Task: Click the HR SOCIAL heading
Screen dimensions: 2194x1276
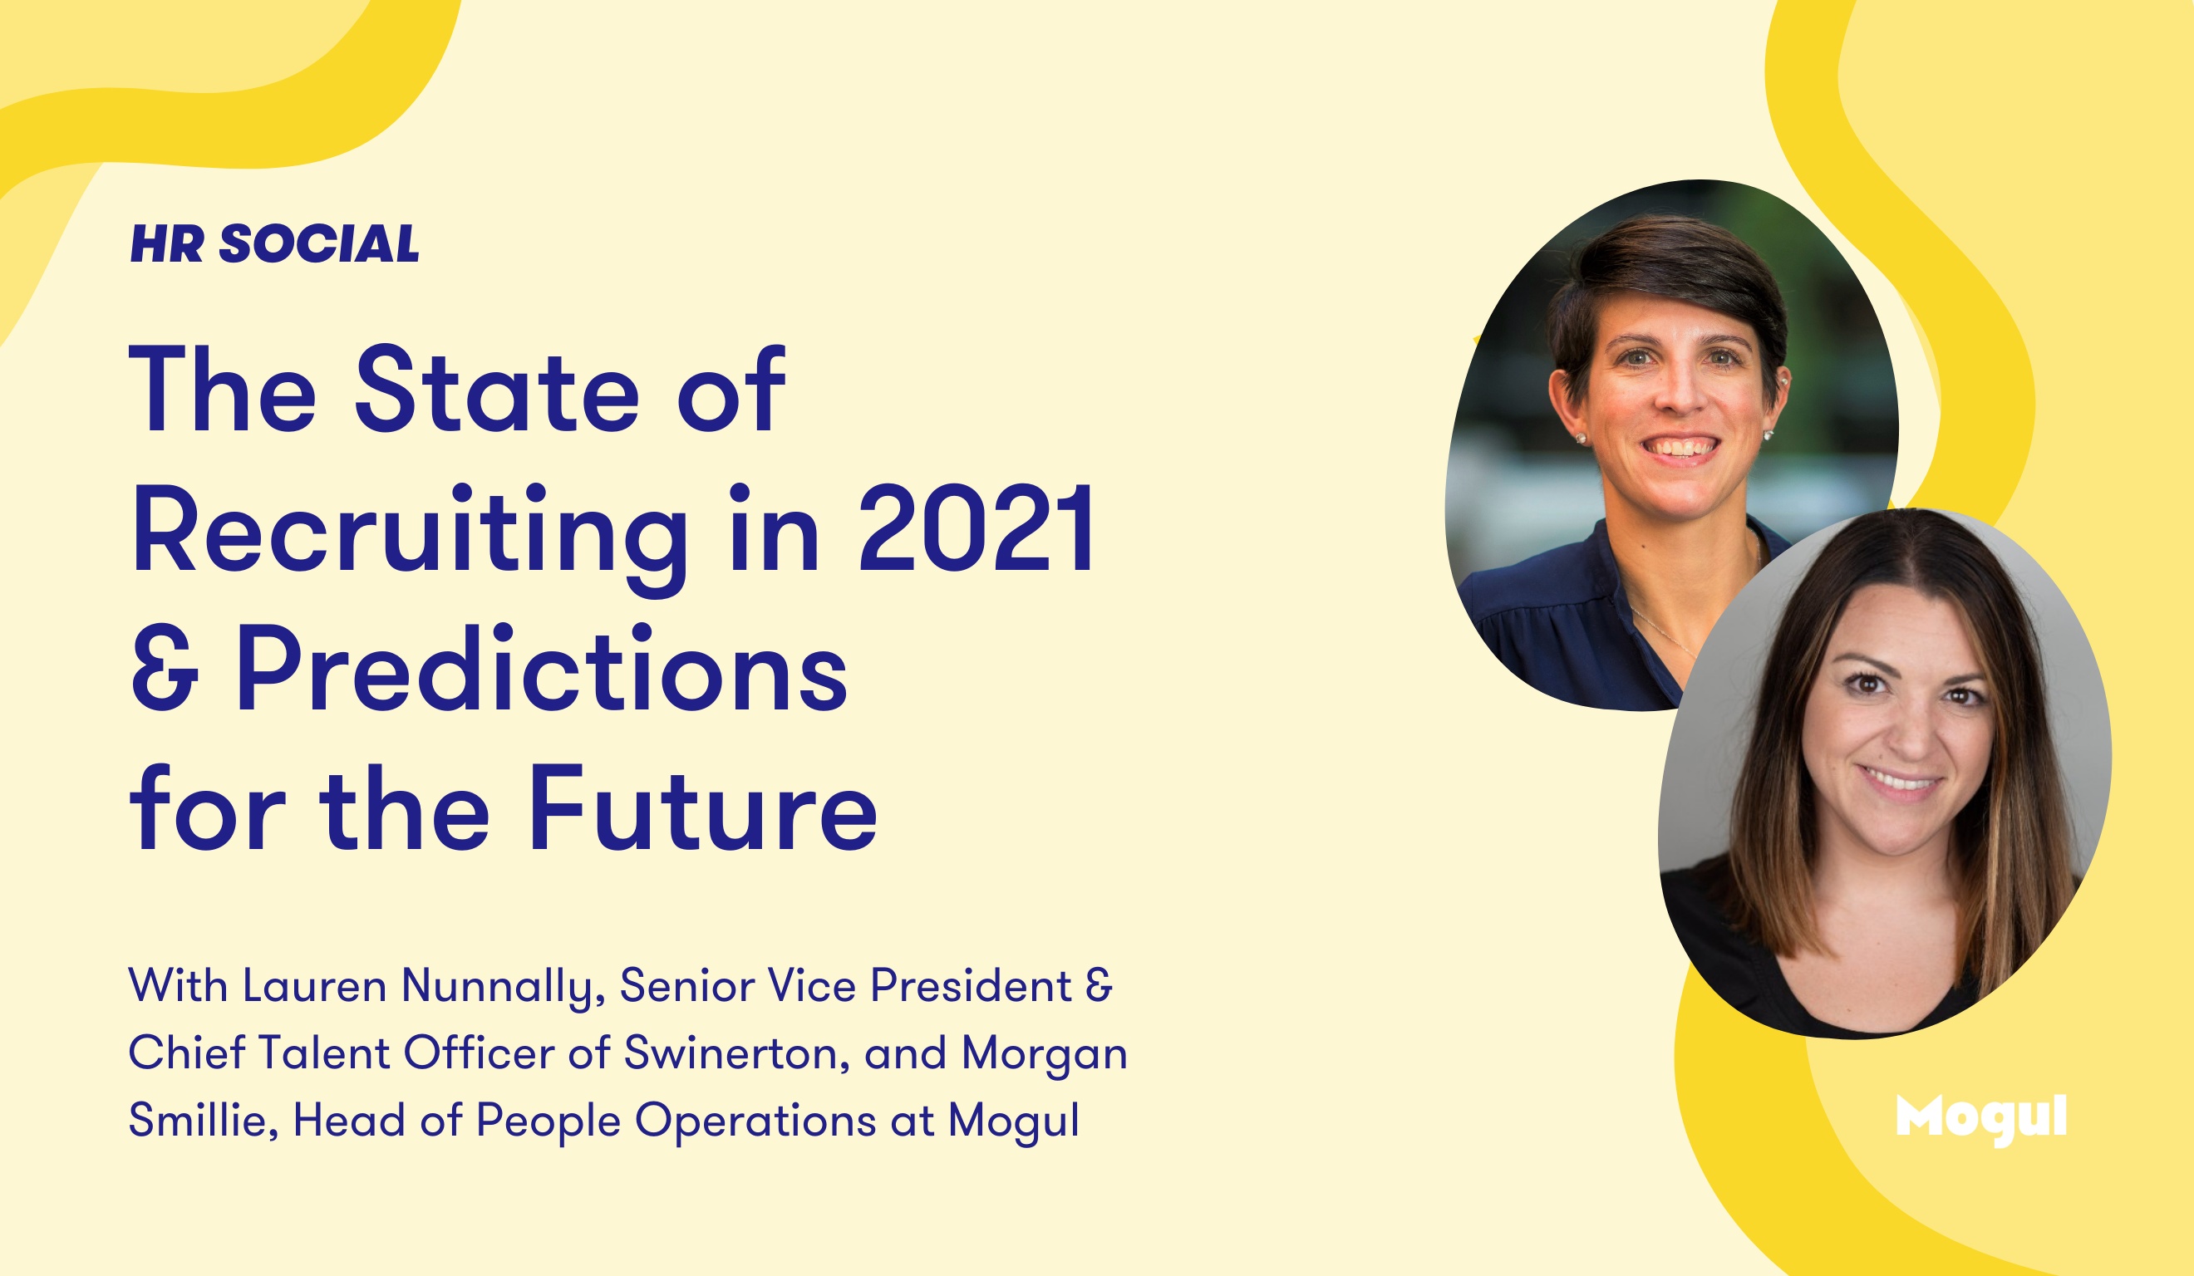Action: (x=274, y=243)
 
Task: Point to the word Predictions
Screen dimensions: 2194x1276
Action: (x=542, y=669)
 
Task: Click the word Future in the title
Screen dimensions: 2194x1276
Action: (x=702, y=808)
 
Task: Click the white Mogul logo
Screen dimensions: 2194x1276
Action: (x=1980, y=1119)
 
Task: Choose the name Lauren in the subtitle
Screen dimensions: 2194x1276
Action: (x=314, y=987)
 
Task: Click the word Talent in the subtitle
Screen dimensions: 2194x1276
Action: (x=324, y=1054)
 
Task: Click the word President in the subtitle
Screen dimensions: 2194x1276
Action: (x=971, y=987)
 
